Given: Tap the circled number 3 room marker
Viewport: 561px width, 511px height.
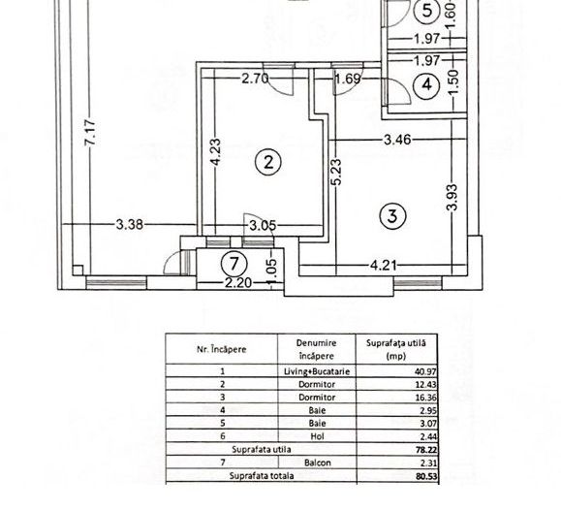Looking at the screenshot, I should [391, 216].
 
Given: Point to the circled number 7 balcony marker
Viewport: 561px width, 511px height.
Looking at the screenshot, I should [231, 262].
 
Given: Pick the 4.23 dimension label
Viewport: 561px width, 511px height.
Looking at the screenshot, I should [216, 154].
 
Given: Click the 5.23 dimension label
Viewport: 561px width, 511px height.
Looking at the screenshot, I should [334, 176].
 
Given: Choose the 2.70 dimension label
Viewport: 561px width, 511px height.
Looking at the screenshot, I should [255, 79].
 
